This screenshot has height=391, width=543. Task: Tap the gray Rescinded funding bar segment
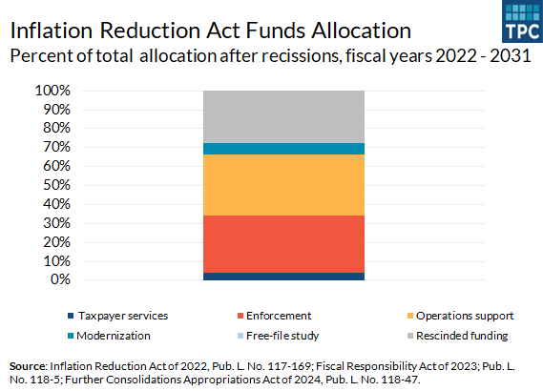[283, 116]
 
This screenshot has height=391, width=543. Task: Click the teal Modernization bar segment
[283, 149]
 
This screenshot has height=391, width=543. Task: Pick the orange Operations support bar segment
[283, 185]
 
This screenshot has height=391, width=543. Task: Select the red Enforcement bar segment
[283, 243]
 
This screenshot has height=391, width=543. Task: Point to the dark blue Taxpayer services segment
[283, 277]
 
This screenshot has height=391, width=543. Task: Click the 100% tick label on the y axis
[53, 91]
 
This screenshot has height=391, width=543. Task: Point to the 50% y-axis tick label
[56, 185]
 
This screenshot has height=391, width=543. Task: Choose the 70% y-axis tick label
[56, 147]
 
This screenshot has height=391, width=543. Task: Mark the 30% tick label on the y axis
[56, 223]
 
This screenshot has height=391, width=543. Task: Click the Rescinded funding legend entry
[460, 336]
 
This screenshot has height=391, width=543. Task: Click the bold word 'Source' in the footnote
[26, 365]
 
